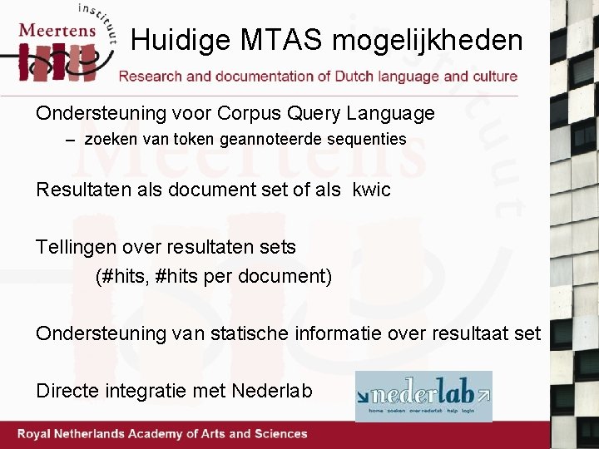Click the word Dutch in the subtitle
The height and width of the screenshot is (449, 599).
pos(354,76)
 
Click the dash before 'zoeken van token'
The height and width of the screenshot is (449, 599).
pos(72,140)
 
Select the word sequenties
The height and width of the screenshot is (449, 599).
pos(369,140)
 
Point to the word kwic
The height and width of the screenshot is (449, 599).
pos(371,190)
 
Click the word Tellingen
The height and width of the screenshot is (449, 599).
pos(75,247)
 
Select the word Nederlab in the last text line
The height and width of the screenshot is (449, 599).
pos(272,390)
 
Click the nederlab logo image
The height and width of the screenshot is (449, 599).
pos(423,396)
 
